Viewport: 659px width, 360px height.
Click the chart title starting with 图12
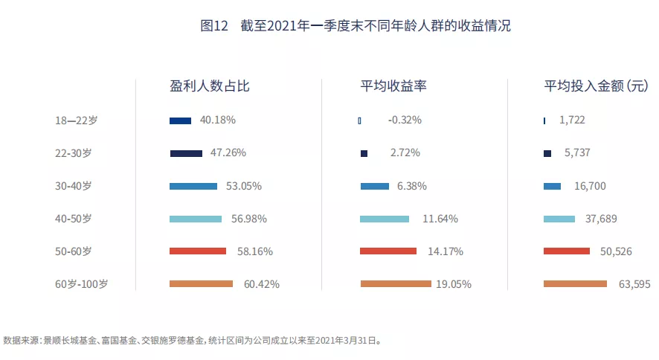click(x=356, y=25)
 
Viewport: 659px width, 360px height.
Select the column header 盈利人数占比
click(x=209, y=86)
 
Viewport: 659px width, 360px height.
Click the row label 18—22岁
click(x=76, y=120)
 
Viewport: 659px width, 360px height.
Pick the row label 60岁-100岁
click(x=82, y=284)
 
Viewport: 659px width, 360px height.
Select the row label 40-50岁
click(x=74, y=219)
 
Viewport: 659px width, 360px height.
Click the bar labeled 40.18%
click(x=180, y=120)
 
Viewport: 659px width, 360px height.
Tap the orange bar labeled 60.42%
click(x=201, y=284)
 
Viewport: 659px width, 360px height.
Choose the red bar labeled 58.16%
click(x=197, y=251)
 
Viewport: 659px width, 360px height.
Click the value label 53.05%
click(x=244, y=186)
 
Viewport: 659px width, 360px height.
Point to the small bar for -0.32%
click(x=359, y=120)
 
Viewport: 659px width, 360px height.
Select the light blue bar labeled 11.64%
click(x=384, y=219)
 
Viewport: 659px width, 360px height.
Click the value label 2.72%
click(x=405, y=153)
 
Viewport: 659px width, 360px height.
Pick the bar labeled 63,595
click(x=575, y=284)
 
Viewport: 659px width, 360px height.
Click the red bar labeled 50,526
click(x=566, y=251)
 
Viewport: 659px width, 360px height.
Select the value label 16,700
click(x=589, y=186)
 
